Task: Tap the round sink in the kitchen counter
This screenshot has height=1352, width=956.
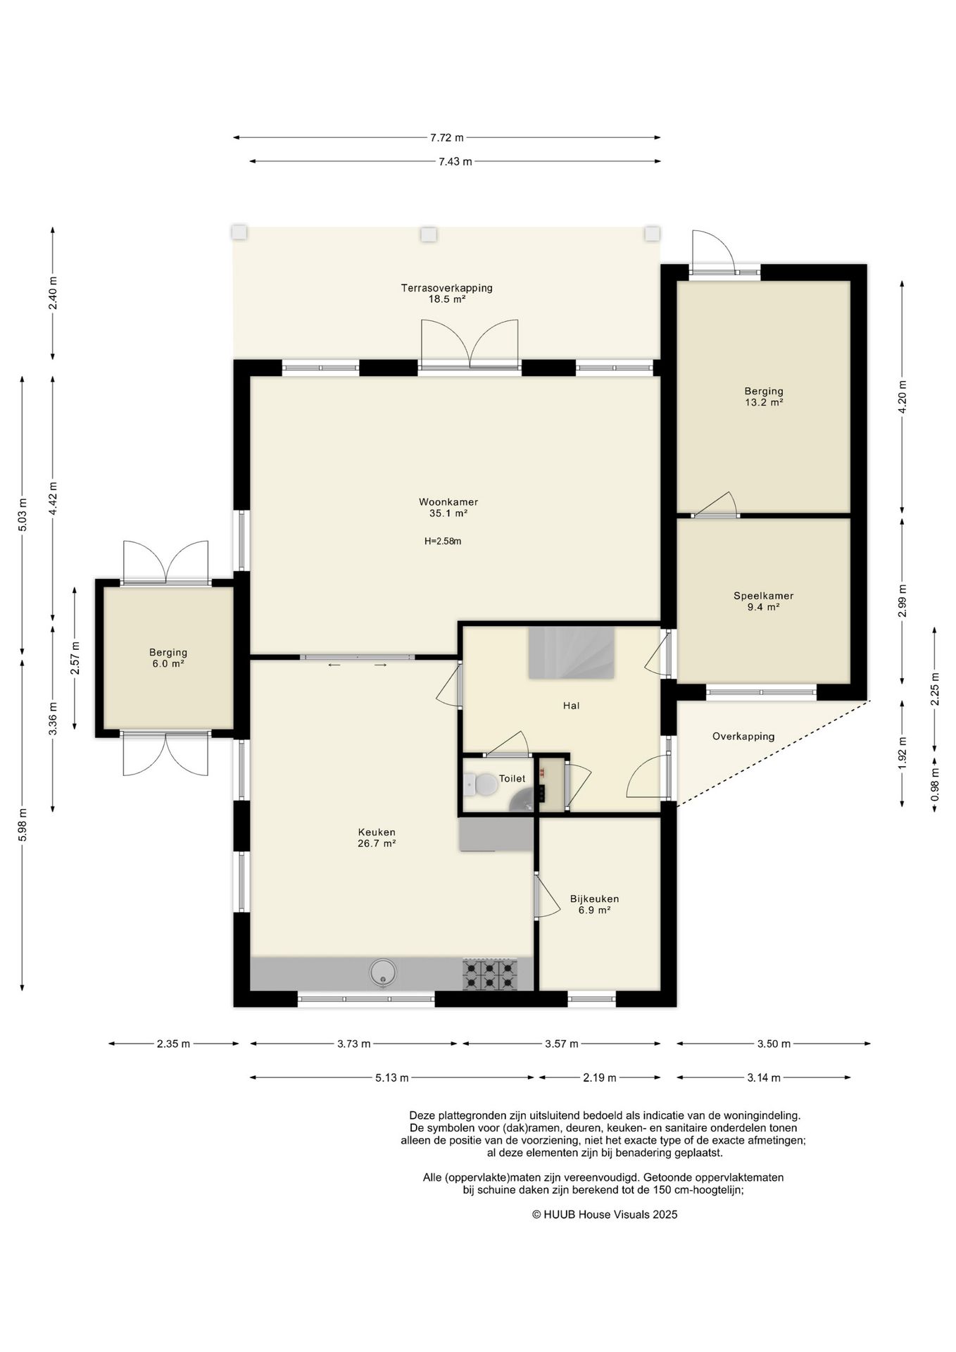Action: pyautogui.click(x=383, y=972)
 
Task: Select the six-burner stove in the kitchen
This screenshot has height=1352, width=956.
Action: pyautogui.click(x=489, y=975)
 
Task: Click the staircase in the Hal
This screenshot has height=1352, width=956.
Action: pyautogui.click(x=571, y=653)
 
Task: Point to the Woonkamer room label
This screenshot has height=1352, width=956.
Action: pyautogui.click(x=448, y=502)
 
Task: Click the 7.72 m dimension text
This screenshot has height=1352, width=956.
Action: pyautogui.click(x=447, y=137)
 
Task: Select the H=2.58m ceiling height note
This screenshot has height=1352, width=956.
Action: pyautogui.click(x=443, y=542)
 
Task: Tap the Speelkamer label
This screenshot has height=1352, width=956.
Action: pyautogui.click(x=763, y=596)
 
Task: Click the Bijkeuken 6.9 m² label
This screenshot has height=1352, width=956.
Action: pyautogui.click(x=594, y=904)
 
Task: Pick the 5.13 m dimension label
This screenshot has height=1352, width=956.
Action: pyautogui.click(x=391, y=1077)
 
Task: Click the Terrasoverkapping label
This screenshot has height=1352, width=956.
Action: pyautogui.click(x=446, y=288)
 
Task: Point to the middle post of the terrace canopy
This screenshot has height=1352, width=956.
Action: pyautogui.click(x=428, y=234)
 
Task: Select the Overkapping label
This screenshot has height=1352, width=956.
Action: pyautogui.click(x=743, y=737)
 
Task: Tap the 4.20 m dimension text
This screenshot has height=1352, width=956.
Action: pyautogui.click(x=902, y=397)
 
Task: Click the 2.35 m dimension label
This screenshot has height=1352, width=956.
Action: pyautogui.click(x=173, y=1044)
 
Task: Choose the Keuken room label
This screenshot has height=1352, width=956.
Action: pyautogui.click(x=377, y=832)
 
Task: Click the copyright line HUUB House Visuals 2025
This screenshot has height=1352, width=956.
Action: pyautogui.click(x=605, y=1214)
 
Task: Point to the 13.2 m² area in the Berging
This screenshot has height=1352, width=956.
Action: pyautogui.click(x=764, y=403)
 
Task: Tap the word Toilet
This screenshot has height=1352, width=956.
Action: pyautogui.click(x=512, y=778)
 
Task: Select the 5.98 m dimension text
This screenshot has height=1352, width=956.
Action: pyautogui.click(x=23, y=823)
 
